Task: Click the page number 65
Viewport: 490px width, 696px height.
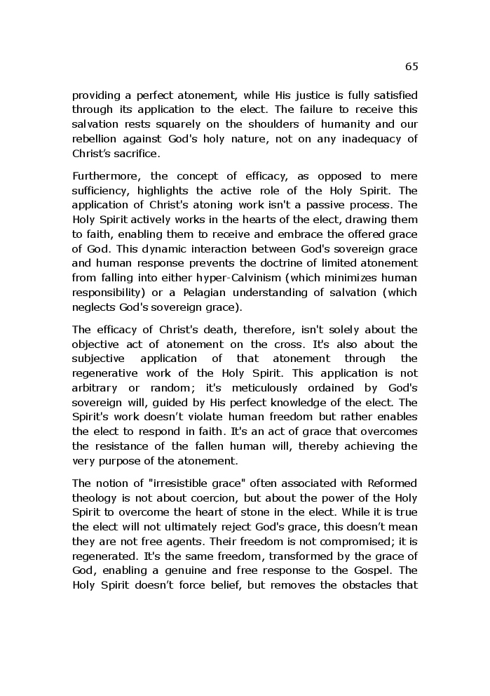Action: tap(411, 67)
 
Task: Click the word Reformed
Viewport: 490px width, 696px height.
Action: tap(388, 483)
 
